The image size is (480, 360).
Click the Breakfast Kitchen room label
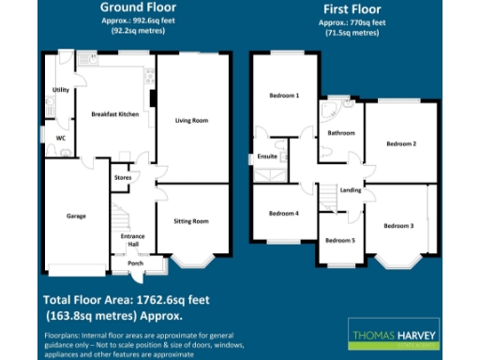[x=114, y=113]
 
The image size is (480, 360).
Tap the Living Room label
[x=191, y=120]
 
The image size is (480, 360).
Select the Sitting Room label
[x=191, y=221]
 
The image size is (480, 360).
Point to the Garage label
[x=76, y=216]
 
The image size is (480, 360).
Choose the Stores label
[x=121, y=176]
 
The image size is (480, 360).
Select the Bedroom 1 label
[x=284, y=96]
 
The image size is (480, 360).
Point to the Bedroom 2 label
[x=401, y=143]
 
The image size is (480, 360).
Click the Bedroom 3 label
[x=397, y=225]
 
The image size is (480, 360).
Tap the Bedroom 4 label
[x=284, y=214]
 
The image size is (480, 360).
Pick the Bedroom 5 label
[x=339, y=240]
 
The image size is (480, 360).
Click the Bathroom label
[x=340, y=133]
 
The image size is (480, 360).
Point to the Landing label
[x=352, y=190]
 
